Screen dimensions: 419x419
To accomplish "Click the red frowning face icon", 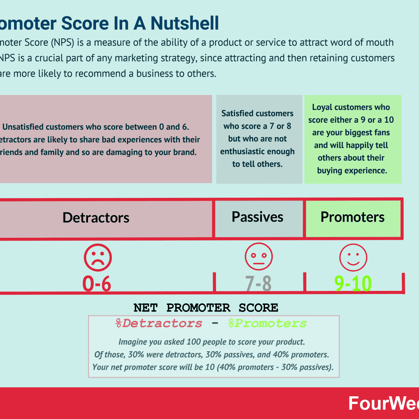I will [98, 258].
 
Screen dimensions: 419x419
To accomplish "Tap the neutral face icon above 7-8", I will [259, 257].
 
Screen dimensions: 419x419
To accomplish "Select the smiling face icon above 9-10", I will [353, 258].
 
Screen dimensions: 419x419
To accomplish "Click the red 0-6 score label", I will [97, 284].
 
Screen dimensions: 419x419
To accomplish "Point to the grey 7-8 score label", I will [258, 284].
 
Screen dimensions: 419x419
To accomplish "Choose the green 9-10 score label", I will [353, 284].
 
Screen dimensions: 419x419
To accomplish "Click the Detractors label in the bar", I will [96, 218].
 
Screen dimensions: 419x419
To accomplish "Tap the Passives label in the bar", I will [257, 217].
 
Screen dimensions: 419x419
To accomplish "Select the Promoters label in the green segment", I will [352, 217].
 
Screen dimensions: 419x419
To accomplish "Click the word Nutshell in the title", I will [185, 24].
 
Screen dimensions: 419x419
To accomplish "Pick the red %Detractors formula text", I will [159, 324].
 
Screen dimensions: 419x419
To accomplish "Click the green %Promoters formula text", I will [267, 324].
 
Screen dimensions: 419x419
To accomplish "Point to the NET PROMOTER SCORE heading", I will [206, 308].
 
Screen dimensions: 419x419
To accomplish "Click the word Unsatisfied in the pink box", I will [23, 127].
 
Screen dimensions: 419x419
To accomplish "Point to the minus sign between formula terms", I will [215, 324].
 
